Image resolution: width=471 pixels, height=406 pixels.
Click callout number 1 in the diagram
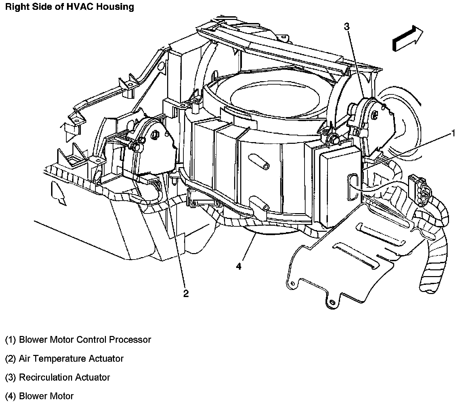(x=453, y=134)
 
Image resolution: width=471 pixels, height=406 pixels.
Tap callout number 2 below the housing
(x=186, y=293)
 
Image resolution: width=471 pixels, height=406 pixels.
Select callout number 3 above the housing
(x=347, y=26)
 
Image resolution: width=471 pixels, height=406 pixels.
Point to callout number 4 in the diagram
(x=239, y=266)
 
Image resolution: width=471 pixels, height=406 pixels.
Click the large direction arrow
(x=408, y=39)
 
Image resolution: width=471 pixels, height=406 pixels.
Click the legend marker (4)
(x=10, y=396)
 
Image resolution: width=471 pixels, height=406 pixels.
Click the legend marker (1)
(x=10, y=339)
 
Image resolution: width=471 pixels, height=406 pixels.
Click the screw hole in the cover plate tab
(x=332, y=302)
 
